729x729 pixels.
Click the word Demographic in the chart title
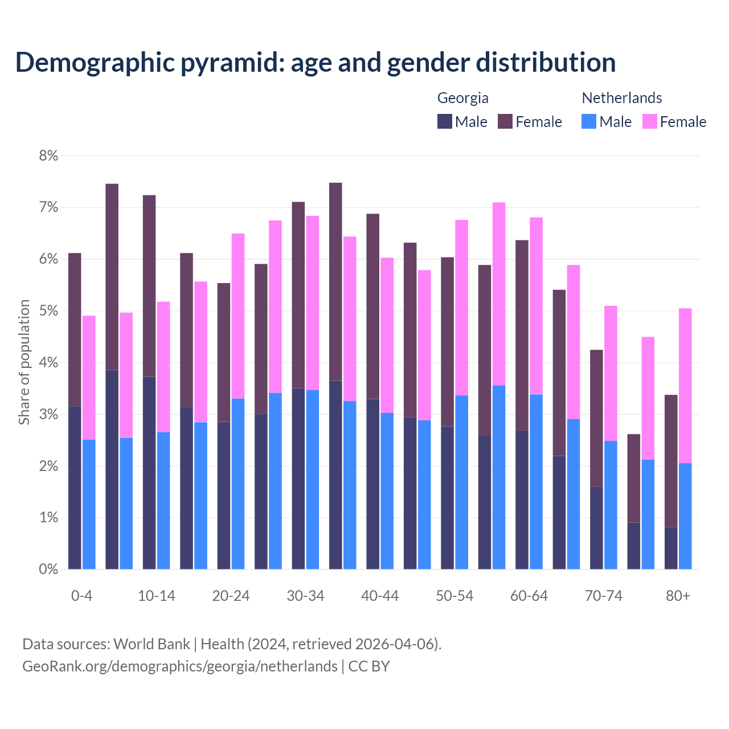coord(94,63)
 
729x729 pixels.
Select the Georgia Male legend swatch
coord(445,121)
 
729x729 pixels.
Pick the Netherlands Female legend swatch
coord(649,121)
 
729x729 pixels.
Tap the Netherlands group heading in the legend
coord(621,98)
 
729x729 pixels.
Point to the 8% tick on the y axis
coord(48,155)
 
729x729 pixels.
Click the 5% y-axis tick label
coord(48,311)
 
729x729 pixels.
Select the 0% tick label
coord(48,569)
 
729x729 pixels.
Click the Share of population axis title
coord(24,362)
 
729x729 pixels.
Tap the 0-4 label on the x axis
coord(81,596)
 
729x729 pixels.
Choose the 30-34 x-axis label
coord(305,596)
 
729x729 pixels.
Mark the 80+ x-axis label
coord(678,596)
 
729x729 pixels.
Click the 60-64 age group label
coord(529,596)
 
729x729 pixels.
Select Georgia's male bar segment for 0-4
coord(75,488)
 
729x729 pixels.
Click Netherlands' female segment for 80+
coord(685,386)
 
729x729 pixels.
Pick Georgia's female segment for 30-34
coord(298,295)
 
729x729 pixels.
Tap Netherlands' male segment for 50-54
coord(462,482)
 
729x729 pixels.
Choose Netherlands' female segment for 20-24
coord(238,316)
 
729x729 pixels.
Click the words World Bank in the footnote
coord(151,644)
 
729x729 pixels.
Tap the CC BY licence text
coord(368,666)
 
